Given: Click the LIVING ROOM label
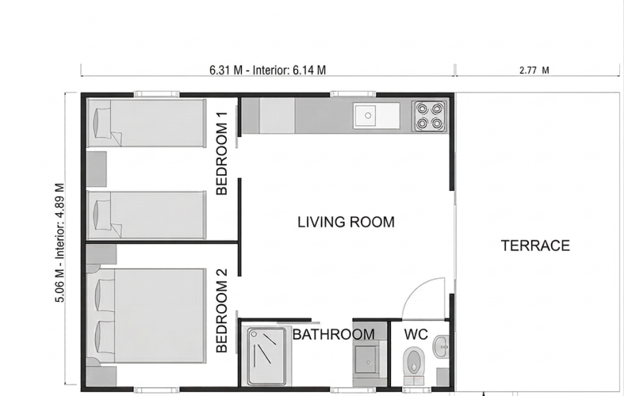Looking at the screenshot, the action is (x=346, y=222).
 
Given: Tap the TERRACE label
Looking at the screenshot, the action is (x=535, y=246).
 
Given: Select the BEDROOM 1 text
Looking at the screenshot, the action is (x=222, y=154).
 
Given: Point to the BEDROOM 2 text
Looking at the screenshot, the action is (x=222, y=311).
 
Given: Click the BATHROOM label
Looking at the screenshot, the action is (x=334, y=334).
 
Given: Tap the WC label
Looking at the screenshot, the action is (x=415, y=334).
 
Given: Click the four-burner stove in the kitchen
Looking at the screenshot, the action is (x=429, y=116).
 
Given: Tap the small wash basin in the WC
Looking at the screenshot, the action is (x=442, y=347).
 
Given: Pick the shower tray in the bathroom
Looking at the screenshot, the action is (x=266, y=356).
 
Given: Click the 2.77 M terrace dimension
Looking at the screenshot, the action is (x=534, y=70).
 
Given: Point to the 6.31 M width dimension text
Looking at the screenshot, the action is (x=267, y=70).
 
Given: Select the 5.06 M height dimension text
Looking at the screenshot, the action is (x=59, y=242).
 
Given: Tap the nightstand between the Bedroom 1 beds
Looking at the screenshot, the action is (x=97, y=169).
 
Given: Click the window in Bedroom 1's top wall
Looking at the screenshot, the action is (x=157, y=94).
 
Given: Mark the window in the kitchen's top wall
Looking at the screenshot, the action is (x=353, y=94).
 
